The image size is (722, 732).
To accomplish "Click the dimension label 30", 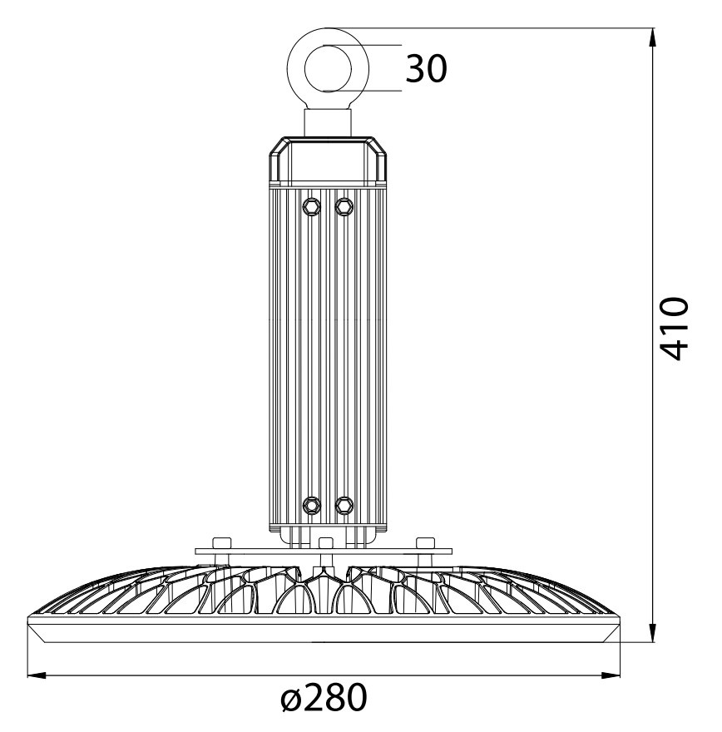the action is [x=426, y=69].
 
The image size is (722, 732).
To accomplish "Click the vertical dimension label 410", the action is [x=675, y=329].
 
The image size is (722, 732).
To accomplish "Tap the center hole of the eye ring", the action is [x=328, y=68].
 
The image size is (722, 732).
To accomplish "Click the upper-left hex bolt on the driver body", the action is [x=311, y=206].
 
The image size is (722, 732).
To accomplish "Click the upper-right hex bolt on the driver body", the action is [x=344, y=206].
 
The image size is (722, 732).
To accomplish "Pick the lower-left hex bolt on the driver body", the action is [x=311, y=505].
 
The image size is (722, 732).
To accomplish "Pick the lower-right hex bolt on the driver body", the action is [x=344, y=505].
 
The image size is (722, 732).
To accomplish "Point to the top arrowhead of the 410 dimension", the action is [x=652, y=37].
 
